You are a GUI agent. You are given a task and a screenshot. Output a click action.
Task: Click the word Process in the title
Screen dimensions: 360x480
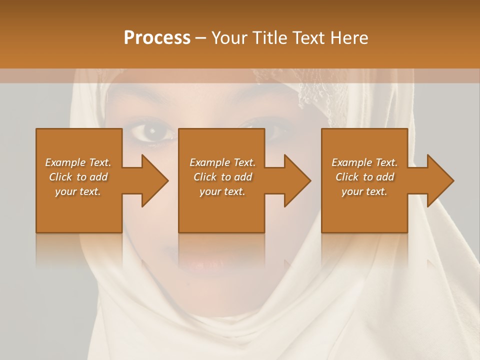[x=157, y=37]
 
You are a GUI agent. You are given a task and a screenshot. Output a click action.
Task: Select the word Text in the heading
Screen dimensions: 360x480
[x=308, y=38]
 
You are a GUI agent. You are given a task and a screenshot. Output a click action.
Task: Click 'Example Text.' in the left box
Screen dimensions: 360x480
[x=78, y=162]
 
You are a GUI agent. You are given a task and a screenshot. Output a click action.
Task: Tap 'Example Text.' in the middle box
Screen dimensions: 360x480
[x=222, y=162]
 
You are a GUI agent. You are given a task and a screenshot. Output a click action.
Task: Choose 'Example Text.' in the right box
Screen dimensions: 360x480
[x=364, y=162]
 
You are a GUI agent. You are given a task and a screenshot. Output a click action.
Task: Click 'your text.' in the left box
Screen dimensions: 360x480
[x=78, y=191]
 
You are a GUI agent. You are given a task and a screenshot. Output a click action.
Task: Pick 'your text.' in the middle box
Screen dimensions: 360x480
[x=222, y=191]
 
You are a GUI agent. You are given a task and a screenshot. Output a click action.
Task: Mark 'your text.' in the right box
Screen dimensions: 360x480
[x=364, y=191]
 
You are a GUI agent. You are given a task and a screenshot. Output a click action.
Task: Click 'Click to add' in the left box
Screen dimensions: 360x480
[x=78, y=177]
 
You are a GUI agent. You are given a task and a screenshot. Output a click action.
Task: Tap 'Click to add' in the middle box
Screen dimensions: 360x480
[x=222, y=177]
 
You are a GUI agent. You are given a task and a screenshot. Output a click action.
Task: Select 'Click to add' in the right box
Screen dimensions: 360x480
[x=364, y=177]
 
